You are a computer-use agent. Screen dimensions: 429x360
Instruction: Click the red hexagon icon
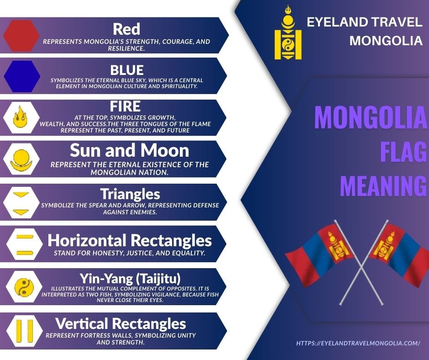click(21, 36)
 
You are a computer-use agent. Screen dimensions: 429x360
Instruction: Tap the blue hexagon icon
click(22, 76)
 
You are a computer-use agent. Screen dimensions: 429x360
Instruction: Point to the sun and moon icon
click(21, 160)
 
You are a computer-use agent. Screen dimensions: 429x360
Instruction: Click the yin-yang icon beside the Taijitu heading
click(24, 287)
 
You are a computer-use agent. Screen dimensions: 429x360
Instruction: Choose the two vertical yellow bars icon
click(24, 331)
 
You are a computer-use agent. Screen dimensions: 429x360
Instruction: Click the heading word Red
click(126, 29)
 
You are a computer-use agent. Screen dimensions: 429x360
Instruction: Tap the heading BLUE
click(127, 70)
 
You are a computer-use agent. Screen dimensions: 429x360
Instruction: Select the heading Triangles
click(130, 194)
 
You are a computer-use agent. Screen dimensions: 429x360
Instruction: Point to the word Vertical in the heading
click(82, 323)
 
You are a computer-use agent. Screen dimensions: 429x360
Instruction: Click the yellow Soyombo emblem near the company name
click(288, 32)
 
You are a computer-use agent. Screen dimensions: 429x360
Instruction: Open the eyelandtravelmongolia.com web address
click(358, 343)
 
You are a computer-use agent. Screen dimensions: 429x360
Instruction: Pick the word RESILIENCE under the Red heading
click(126, 48)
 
